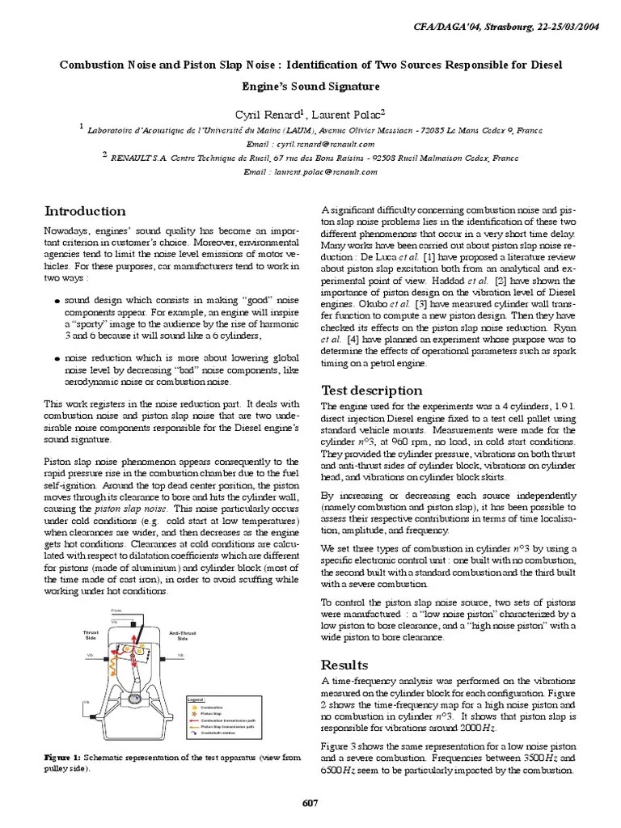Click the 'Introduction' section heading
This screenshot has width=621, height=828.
(x=84, y=212)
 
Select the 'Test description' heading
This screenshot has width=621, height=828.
(x=360, y=391)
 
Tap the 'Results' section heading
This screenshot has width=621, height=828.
(x=344, y=665)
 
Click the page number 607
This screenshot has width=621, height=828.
(x=310, y=803)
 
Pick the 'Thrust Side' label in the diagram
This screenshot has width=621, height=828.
(x=91, y=636)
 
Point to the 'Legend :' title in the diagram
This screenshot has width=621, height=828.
(x=196, y=699)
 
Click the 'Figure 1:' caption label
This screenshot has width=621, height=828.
(x=62, y=758)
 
